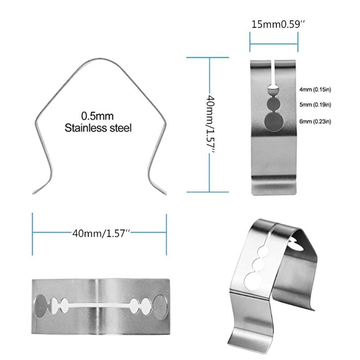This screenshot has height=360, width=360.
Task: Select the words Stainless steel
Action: coord(98,128)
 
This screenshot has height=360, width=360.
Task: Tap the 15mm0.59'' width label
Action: coord(278,25)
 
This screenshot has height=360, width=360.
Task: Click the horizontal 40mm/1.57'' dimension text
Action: coord(101,233)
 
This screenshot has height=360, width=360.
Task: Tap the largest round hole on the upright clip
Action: coord(273,122)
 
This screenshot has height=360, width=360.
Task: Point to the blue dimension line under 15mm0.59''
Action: coord(274,44)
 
